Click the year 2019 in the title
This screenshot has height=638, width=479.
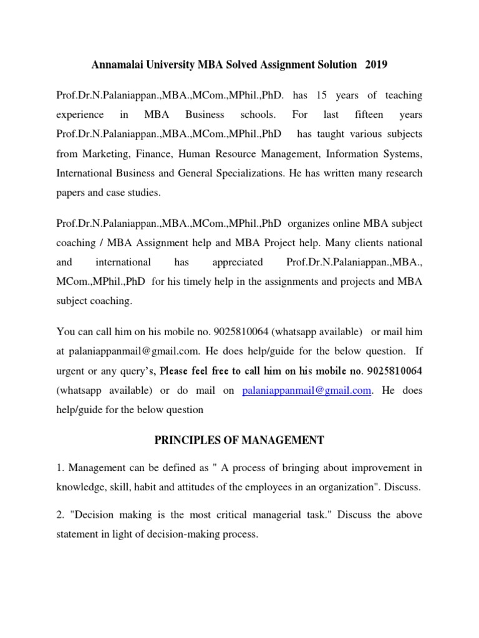(376, 65)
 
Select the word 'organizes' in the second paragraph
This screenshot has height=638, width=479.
(308, 224)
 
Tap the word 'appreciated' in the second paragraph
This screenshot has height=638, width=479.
(238, 262)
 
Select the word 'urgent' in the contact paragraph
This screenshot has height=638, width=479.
(70, 371)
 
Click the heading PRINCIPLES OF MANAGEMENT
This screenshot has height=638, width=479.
(239, 440)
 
